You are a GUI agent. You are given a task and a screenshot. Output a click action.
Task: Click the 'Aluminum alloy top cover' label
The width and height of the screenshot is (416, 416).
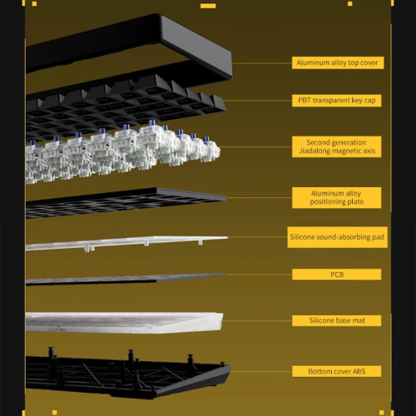(338, 62)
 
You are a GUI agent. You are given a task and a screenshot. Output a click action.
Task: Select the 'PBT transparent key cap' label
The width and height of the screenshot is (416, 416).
(337, 101)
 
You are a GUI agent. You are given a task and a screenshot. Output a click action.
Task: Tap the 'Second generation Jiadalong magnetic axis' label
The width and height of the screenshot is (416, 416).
(337, 146)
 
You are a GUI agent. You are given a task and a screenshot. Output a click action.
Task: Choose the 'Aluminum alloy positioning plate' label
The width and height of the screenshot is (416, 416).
(337, 197)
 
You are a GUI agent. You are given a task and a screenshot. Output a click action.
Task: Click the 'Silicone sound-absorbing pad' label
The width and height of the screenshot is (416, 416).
(337, 237)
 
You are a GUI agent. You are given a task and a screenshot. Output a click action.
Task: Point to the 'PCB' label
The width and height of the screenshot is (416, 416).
(337, 275)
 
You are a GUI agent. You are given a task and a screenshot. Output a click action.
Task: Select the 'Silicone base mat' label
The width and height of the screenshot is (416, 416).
(337, 320)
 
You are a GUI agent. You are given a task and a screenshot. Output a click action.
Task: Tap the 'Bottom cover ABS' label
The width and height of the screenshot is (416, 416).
(337, 371)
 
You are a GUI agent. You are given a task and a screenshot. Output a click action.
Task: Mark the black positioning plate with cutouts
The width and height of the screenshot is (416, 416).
(125, 201)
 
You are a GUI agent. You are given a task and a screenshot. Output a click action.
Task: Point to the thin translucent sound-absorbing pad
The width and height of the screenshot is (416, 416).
(125, 242)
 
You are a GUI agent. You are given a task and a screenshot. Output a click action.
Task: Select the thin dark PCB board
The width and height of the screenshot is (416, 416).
(125, 279)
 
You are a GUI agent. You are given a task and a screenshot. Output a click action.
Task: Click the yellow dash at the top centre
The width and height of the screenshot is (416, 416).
(208, 6)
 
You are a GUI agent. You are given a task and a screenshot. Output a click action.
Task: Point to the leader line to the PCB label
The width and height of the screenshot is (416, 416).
(259, 275)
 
